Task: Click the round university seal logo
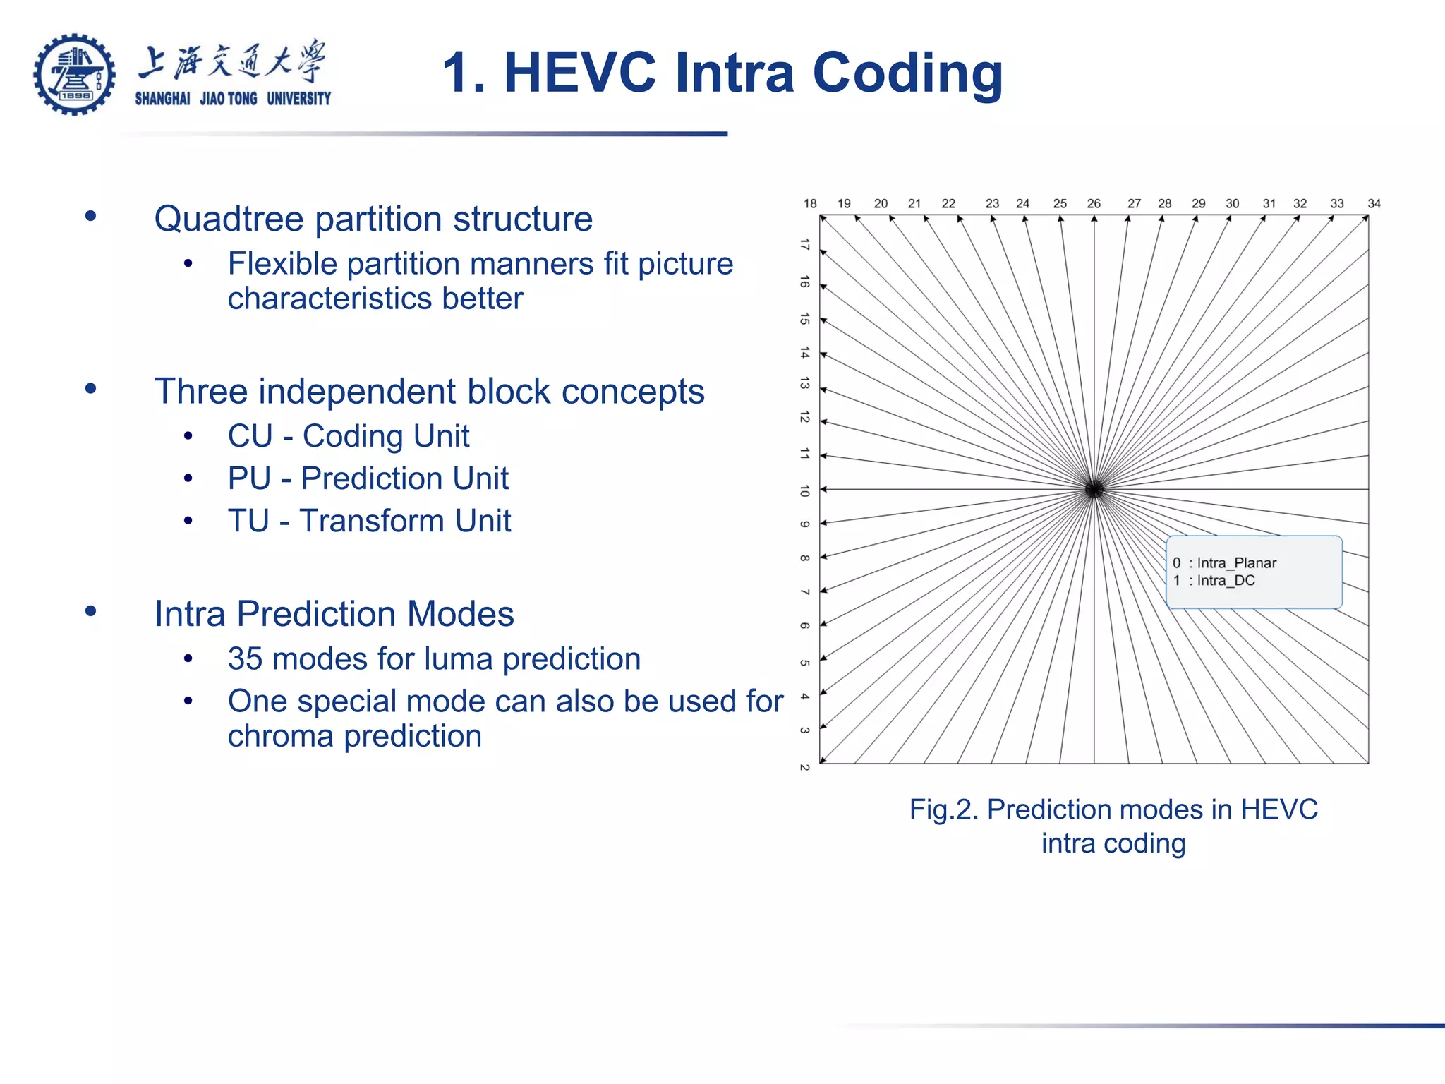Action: [x=74, y=74]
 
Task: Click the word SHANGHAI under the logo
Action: [x=162, y=99]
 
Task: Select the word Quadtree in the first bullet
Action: [x=229, y=219]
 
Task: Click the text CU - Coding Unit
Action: [x=348, y=436]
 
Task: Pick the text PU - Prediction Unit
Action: [x=368, y=478]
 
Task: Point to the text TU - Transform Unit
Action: [x=369, y=521]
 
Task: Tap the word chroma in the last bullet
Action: [x=280, y=736]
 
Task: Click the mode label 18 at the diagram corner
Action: [x=810, y=204]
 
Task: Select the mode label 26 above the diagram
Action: [x=1094, y=204]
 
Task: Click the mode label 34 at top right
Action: [x=1374, y=204]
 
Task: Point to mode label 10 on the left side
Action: [x=805, y=490]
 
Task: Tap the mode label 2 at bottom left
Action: [x=805, y=767]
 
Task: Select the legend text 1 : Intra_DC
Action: [x=1214, y=581]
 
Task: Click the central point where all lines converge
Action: [x=1094, y=489]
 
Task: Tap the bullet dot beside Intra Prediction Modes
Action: [x=90, y=611]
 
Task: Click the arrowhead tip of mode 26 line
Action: [x=1094, y=217]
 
